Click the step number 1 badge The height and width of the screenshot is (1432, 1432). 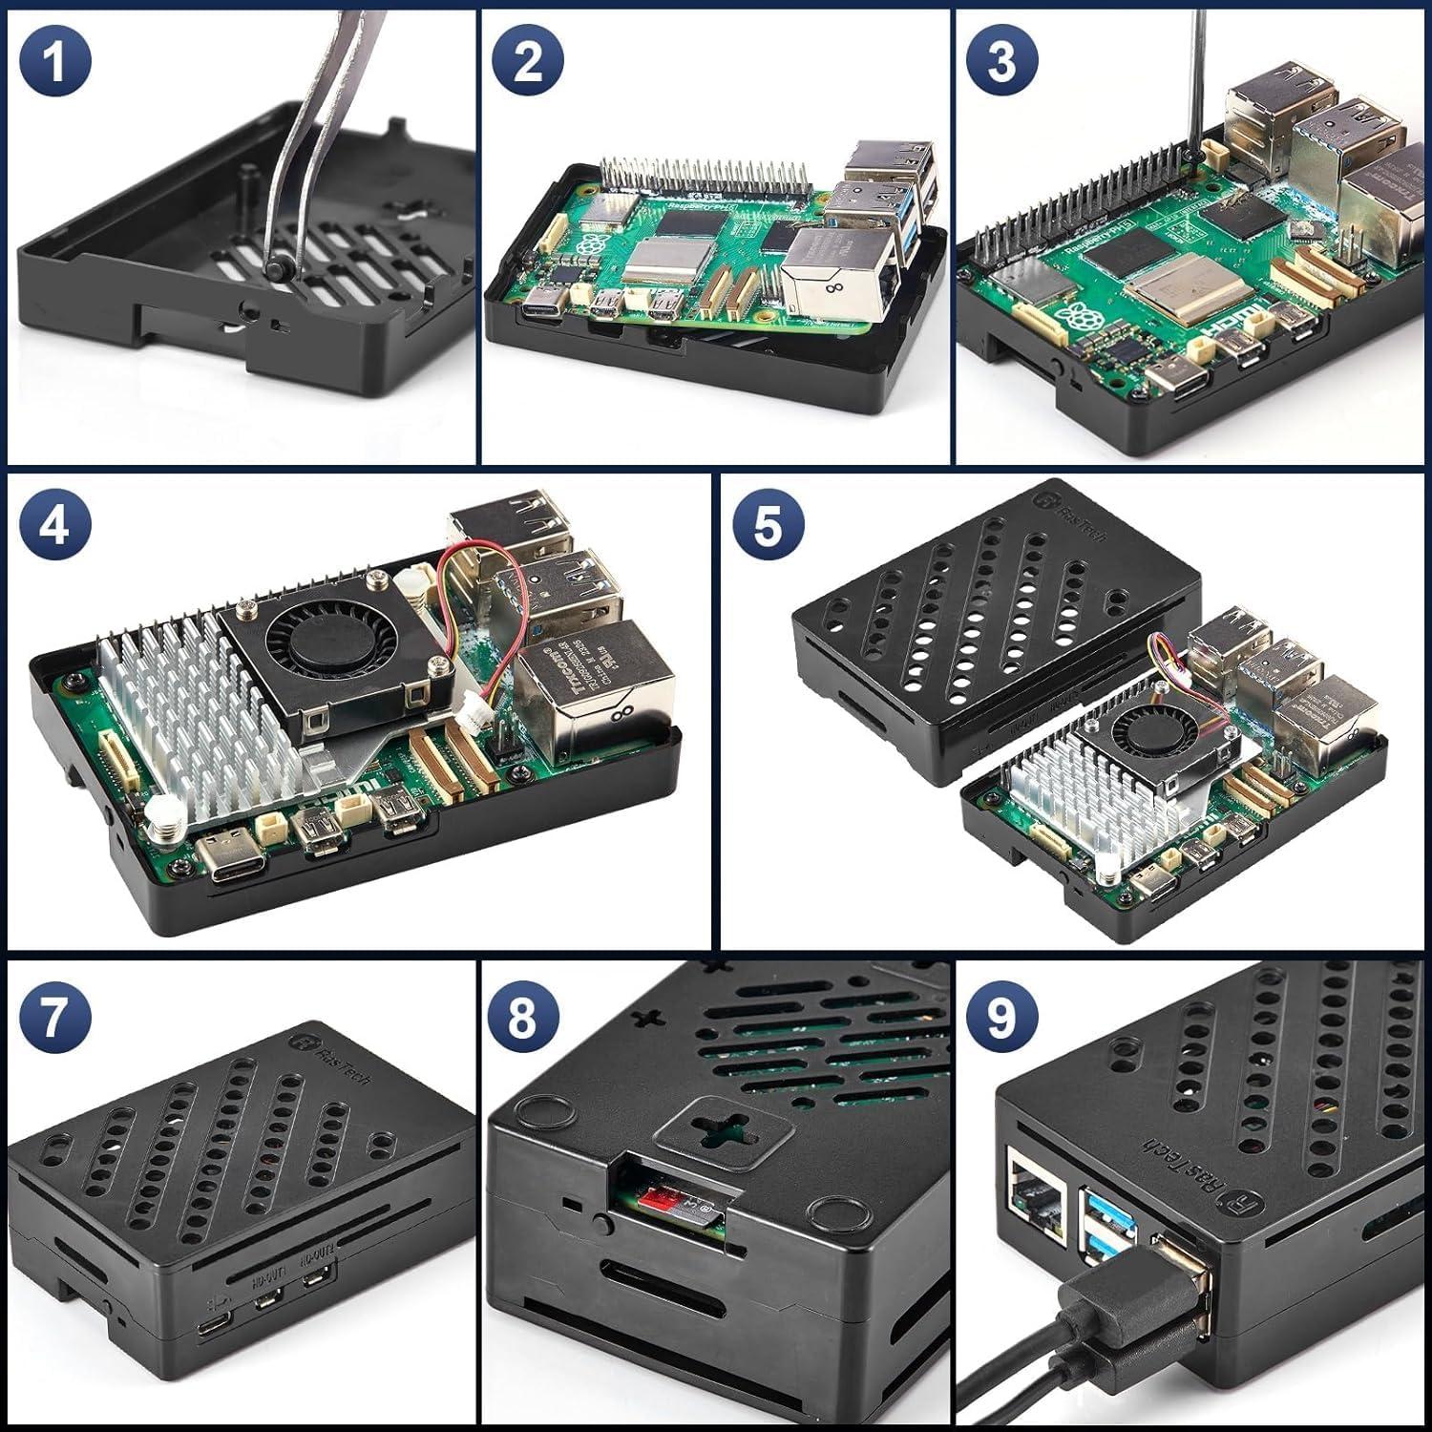point(54,60)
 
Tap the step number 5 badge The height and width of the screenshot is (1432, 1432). point(768,525)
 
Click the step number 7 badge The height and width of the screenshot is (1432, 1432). point(54,1018)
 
